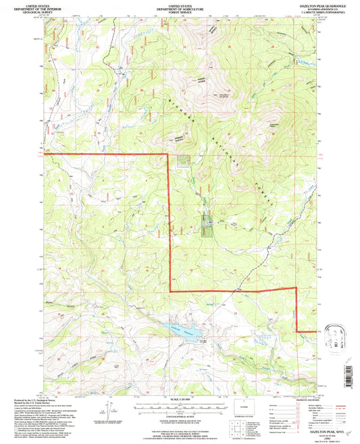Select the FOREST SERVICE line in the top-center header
[180, 12]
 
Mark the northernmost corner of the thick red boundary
[168, 154]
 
